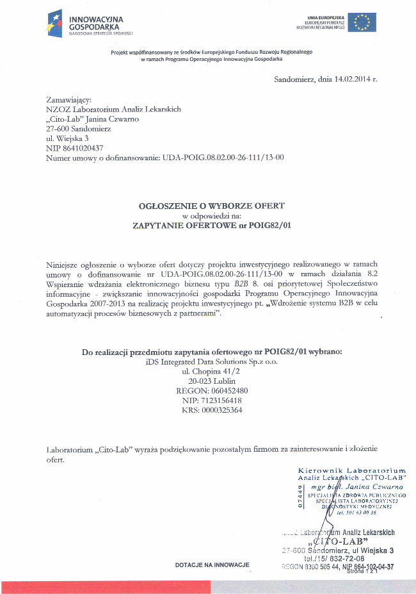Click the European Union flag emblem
362,22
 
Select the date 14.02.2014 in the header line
352,79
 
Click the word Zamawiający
69,100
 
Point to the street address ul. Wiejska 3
67,138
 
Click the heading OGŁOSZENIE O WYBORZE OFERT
211,206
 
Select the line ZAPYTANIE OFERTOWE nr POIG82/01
211,226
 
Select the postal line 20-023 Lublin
211,381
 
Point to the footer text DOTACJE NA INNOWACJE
212,565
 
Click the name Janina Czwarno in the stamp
374,487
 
